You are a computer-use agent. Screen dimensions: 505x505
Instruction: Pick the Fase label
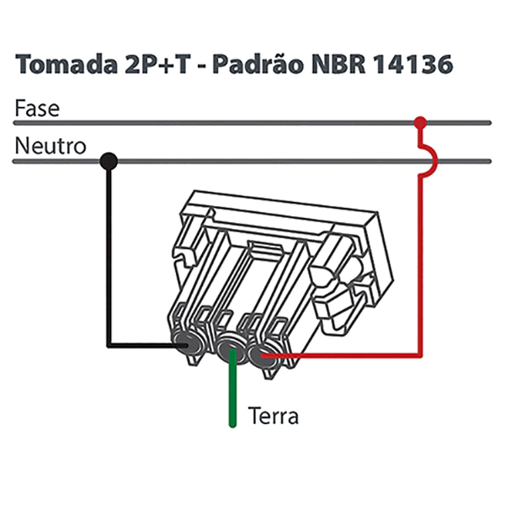37,109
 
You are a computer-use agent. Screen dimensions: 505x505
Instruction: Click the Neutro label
50,146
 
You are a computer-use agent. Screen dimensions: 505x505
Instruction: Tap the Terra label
274,416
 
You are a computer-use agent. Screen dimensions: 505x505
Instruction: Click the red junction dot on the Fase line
421,123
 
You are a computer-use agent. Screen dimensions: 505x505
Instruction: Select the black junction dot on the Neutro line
108,160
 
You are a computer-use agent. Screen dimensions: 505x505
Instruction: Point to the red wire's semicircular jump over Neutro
430,159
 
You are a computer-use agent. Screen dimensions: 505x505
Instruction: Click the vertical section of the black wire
108,252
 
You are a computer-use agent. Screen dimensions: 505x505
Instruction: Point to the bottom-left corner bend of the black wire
109,343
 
